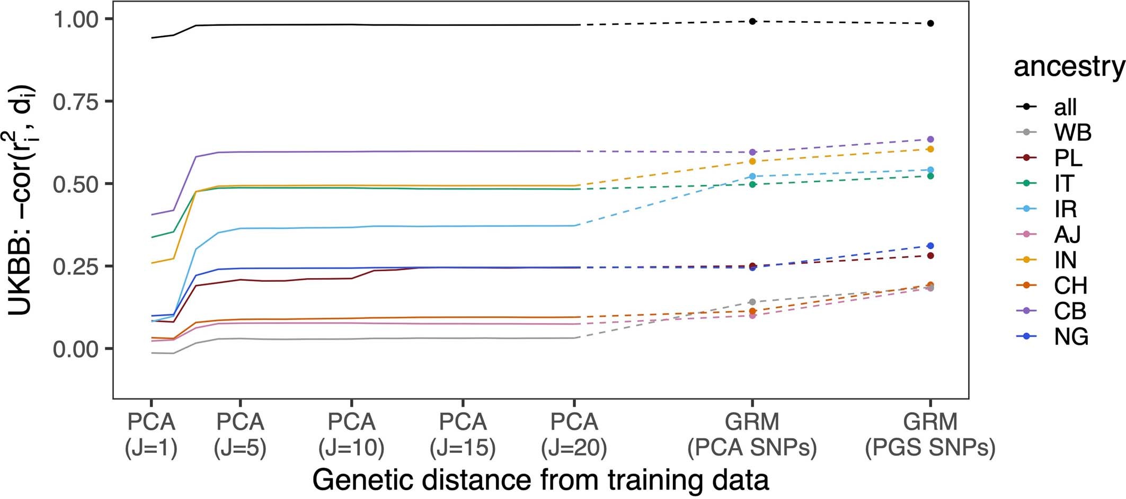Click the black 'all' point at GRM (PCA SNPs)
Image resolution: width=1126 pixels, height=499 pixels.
[752, 21]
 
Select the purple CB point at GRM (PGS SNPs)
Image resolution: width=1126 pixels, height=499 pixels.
[930, 139]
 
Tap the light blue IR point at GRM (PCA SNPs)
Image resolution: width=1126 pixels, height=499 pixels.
[752, 176]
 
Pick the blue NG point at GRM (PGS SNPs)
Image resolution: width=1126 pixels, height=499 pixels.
[930, 246]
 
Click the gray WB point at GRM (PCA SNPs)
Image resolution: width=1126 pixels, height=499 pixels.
[752, 302]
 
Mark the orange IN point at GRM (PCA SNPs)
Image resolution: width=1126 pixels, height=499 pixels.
[752, 161]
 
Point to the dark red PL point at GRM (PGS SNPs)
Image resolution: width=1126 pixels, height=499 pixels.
[930, 256]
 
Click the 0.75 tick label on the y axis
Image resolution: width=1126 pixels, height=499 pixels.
[76, 102]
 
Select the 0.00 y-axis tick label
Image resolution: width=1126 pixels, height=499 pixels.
[76, 349]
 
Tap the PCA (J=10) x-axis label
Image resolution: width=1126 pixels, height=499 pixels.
[351, 434]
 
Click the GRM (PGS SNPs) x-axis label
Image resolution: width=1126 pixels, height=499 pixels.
[930, 434]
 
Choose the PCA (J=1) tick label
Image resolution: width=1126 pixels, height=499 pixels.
[151, 434]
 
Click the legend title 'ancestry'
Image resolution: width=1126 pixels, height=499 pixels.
[1069, 67]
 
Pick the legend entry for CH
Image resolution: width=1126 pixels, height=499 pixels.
[1070, 286]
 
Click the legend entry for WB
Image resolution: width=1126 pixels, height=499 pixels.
[1072, 132]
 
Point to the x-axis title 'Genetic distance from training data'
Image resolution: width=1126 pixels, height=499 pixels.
[540, 480]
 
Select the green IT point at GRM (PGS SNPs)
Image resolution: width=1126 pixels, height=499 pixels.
[930, 176]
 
